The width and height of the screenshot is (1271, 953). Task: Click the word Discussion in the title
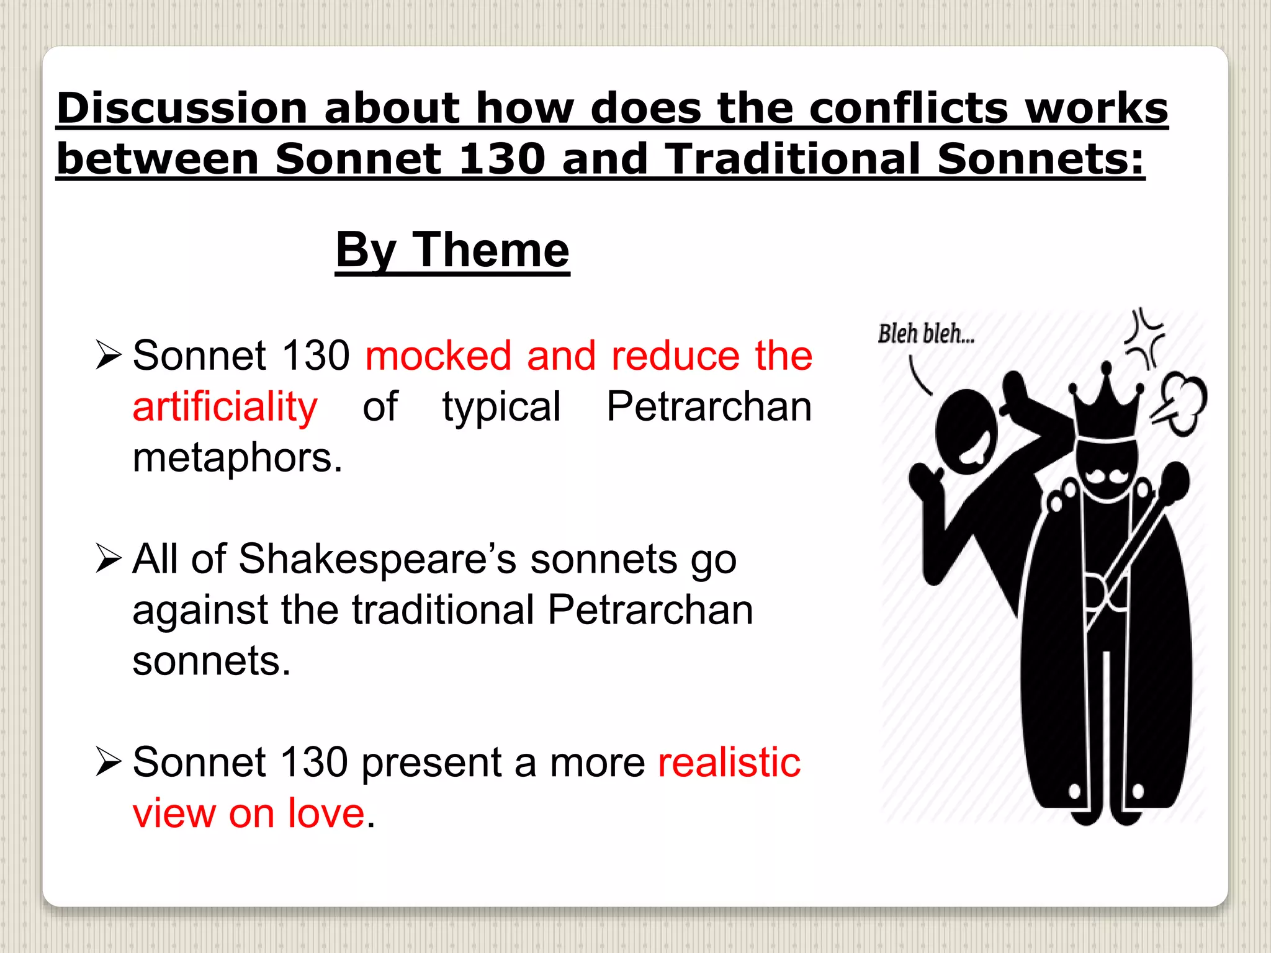tap(182, 108)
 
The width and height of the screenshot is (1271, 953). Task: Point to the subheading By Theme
tap(452, 250)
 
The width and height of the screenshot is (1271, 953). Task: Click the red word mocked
tap(438, 356)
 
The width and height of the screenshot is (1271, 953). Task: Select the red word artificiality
tap(225, 407)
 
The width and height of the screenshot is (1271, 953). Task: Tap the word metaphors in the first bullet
tap(237, 458)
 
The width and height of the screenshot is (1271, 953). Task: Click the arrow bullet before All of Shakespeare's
tap(109, 558)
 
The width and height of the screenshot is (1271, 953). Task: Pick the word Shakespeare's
tap(377, 559)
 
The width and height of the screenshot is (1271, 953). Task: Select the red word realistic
tap(729, 763)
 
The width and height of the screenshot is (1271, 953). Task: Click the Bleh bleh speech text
tap(925, 334)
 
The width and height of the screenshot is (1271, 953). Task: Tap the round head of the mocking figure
tap(966, 431)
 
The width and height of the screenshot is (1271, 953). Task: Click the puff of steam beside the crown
tap(1182, 403)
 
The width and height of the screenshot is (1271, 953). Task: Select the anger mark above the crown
tap(1145, 338)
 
